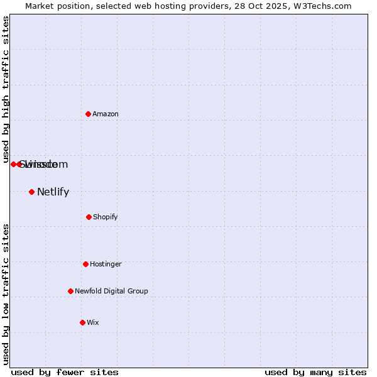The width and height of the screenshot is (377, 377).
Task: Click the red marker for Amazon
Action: pos(88,114)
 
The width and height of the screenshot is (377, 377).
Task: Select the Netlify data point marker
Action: pos(31,192)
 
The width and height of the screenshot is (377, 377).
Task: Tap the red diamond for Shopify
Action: pos(89,217)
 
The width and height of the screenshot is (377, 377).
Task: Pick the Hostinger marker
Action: pos(85,264)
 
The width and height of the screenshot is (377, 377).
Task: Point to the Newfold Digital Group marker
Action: pos(70,291)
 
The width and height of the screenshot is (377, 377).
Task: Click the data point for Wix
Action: pos(82,322)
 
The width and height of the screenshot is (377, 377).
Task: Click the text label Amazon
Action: pos(106,114)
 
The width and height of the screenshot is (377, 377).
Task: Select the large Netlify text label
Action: pos(53,192)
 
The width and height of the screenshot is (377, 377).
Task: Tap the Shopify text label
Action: pos(106,217)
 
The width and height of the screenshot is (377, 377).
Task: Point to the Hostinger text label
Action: pos(106,264)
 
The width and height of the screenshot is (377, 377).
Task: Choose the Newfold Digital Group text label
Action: pos(111,291)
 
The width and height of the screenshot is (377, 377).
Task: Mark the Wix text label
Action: pos(93,322)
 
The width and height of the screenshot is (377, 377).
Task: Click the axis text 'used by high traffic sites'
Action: pos(6,89)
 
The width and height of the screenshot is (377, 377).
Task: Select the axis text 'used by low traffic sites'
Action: pos(6,294)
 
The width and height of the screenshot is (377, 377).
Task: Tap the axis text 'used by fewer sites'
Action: pos(65,372)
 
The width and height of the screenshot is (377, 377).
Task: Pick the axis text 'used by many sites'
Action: pos(315,372)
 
